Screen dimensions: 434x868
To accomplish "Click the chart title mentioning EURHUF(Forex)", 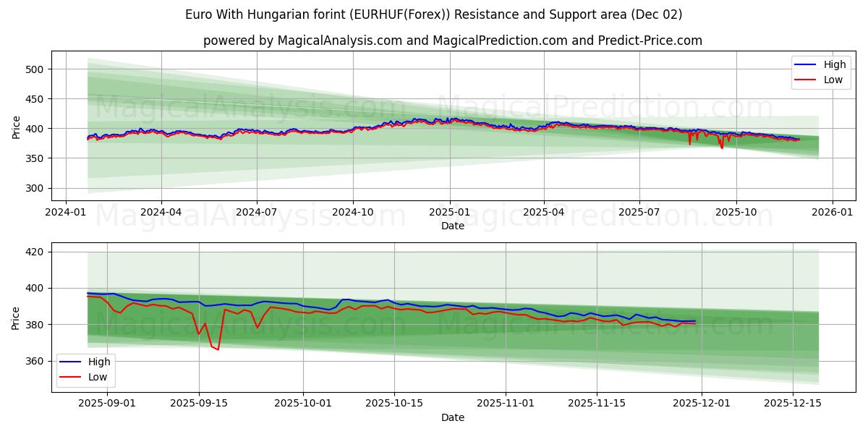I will [433, 14].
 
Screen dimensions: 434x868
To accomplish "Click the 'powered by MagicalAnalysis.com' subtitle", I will [452, 41].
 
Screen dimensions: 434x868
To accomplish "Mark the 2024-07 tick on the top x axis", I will [257, 213].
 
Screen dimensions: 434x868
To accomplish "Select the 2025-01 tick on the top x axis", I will [449, 213].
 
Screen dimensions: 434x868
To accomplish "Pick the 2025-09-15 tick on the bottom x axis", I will [199, 403].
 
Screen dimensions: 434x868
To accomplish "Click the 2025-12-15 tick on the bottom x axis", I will [792, 403].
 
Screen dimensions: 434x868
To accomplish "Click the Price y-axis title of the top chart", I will [16, 127].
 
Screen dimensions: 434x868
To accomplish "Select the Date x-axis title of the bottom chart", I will [452, 417].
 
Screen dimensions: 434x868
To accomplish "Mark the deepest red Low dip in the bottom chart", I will [218, 350].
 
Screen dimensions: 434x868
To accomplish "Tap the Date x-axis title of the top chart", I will [452, 226].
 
